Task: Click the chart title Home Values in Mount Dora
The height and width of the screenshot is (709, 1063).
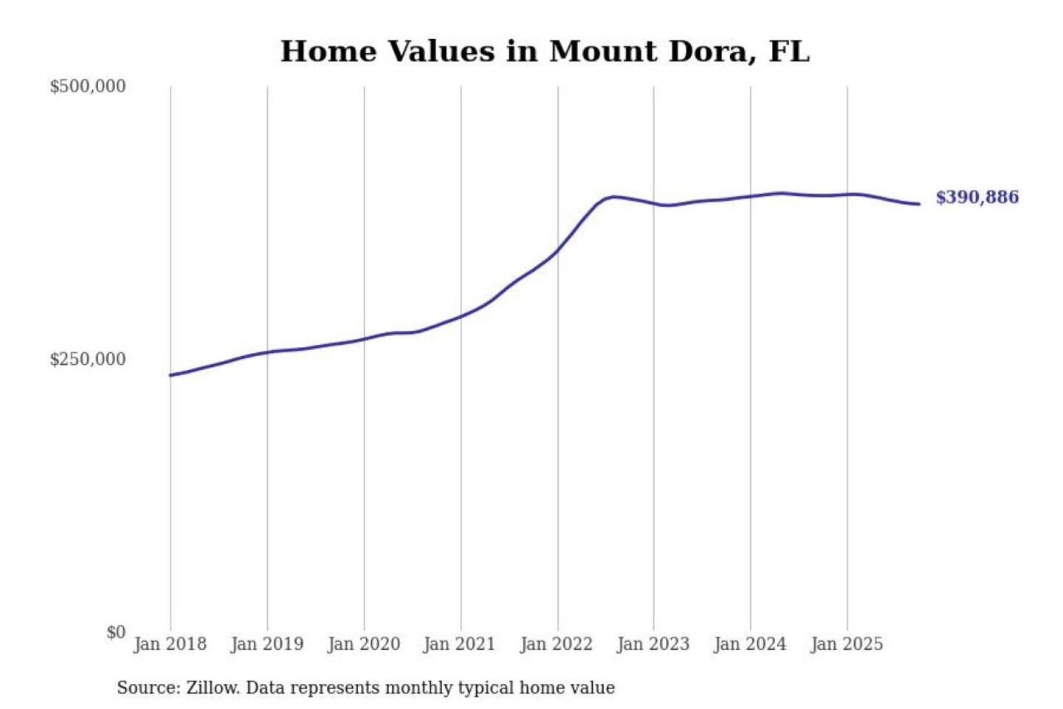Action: click(545, 52)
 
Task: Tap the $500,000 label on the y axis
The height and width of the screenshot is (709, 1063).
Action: click(87, 86)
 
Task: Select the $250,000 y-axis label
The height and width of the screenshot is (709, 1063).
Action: click(87, 360)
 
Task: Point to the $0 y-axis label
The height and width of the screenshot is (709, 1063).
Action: click(115, 632)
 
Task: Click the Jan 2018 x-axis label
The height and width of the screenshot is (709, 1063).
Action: click(170, 644)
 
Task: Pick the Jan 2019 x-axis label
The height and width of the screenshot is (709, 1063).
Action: click(266, 644)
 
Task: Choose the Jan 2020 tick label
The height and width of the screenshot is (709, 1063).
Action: click(363, 644)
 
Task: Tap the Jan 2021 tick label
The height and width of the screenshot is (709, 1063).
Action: click(459, 644)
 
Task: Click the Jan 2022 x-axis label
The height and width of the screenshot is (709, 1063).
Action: click(556, 644)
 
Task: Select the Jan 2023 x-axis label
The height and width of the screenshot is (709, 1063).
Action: click(653, 644)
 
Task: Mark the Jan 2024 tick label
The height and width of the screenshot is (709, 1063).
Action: click(749, 644)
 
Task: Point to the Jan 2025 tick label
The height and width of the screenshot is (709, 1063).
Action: click(846, 644)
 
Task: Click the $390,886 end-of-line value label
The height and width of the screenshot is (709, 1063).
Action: click(977, 197)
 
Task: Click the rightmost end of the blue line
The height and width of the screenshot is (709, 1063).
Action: click(919, 204)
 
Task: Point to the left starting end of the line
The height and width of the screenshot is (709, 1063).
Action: click(171, 375)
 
